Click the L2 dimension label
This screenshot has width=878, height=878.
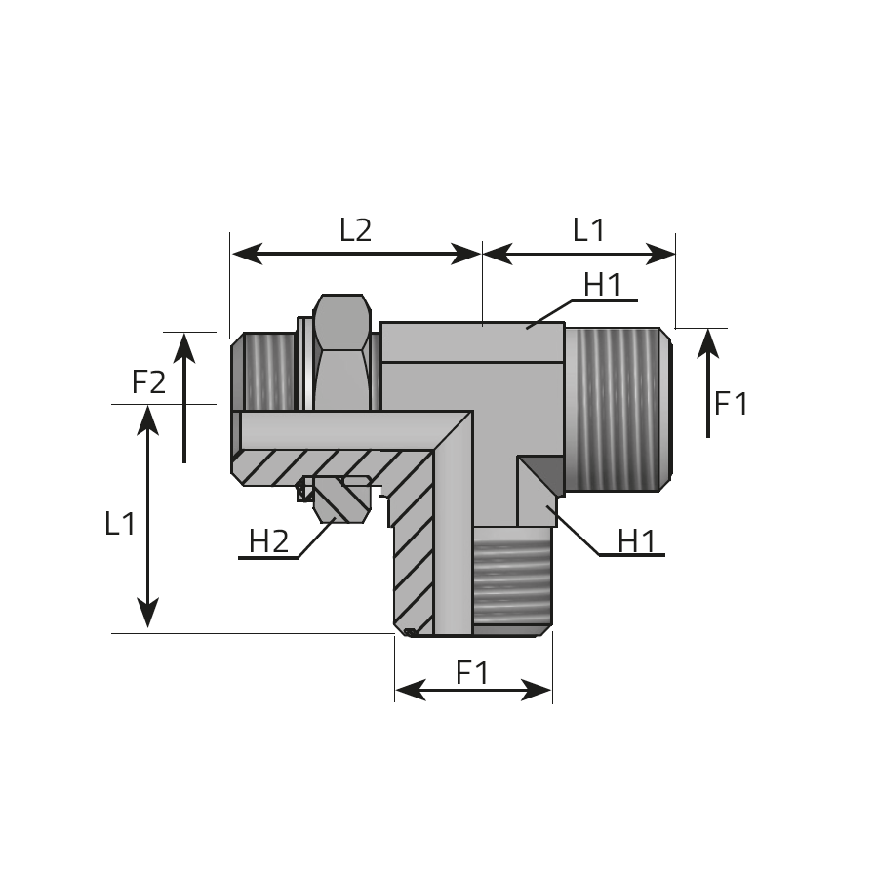pyautogui.click(x=355, y=230)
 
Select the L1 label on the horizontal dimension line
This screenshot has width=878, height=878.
pyautogui.click(x=588, y=230)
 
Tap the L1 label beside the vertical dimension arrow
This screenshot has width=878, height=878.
pyautogui.click(x=120, y=524)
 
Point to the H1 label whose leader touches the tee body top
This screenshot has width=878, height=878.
pyautogui.click(x=603, y=285)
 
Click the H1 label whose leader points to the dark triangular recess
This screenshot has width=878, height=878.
pyautogui.click(x=637, y=541)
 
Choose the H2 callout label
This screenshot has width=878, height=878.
pyautogui.click(x=269, y=541)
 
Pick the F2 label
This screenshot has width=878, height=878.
pyautogui.click(x=149, y=382)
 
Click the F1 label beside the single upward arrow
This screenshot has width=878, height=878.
pyautogui.click(x=732, y=403)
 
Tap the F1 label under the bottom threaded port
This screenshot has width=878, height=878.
pyautogui.click(x=472, y=672)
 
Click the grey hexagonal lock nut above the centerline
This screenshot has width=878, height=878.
pyautogui.click(x=341, y=351)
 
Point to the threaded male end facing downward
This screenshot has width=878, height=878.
pyautogui.click(x=512, y=581)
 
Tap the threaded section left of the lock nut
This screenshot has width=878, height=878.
pyautogui.click(x=263, y=372)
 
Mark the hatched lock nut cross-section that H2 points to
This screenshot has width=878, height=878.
pyautogui.click(x=341, y=499)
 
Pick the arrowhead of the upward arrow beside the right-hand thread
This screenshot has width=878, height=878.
pyautogui.click(x=708, y=342)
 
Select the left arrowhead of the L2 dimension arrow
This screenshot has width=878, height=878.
pyautogui.click(x=248, y=254)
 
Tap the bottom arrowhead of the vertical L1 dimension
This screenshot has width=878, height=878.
pyautogui.click(x=148, y=614)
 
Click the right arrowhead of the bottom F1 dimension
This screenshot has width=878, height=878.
pyautogui.click(x=537, y=690)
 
